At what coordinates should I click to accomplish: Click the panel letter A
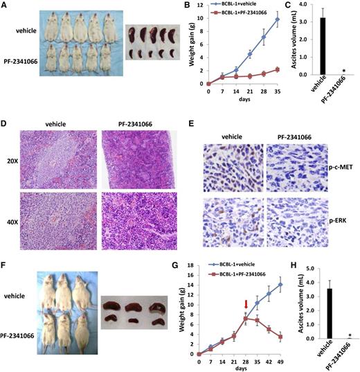(5, 6)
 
